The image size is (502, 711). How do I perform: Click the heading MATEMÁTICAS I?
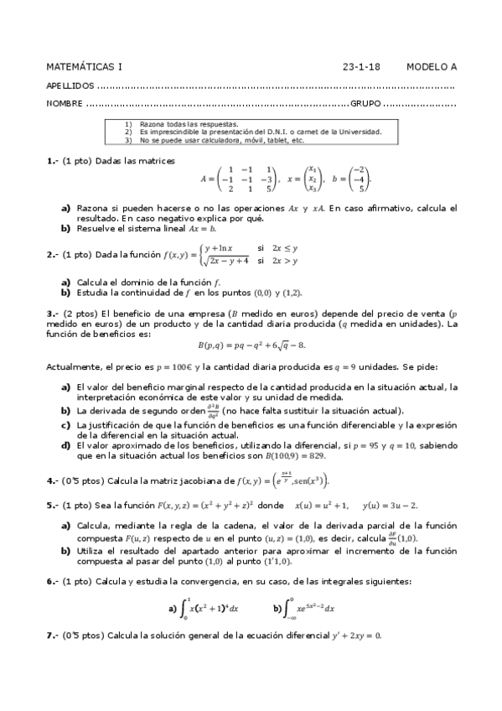point(84,66)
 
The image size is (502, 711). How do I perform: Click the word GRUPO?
point(365,105)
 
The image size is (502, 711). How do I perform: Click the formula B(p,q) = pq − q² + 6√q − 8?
point(251,345)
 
